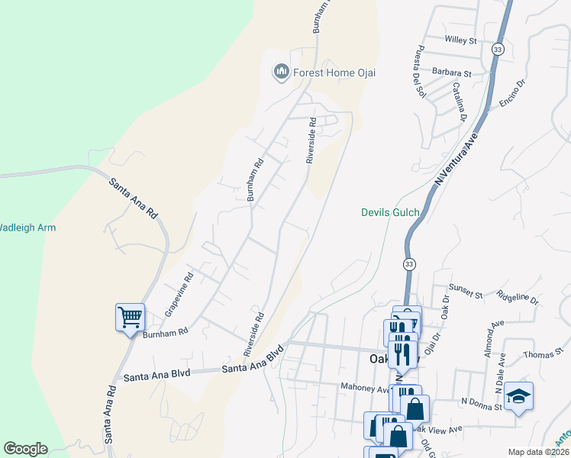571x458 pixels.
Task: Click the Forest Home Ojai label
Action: [x=332, y=73]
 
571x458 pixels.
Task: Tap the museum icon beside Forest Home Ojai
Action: [x=280, y=73]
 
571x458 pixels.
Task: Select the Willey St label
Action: [x=461, y=40]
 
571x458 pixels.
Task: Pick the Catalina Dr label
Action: [x=459, y=102]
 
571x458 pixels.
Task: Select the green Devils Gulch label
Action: [x=389, y=211]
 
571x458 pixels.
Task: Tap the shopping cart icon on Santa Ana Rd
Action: [x=130, y=316]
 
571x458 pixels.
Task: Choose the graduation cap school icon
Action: [x=518, y=396]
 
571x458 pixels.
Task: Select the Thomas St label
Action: [x=543, y=356]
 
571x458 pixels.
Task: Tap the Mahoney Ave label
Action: [x=364, y=388]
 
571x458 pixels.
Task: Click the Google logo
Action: [x=25, y=449]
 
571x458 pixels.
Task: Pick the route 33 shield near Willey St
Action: [x=498, y=49]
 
